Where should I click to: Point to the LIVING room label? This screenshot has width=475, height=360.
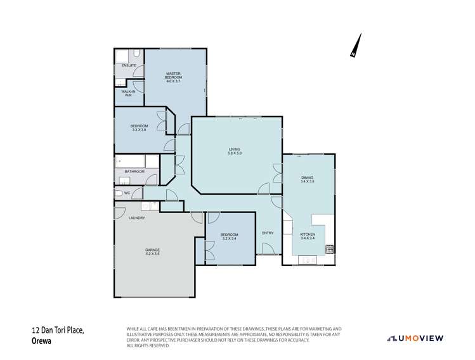point(235,149)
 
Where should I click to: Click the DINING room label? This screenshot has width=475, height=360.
point(308,178)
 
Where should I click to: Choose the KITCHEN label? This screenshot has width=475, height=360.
point(308,235)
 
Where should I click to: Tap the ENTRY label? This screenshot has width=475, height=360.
point(268,233)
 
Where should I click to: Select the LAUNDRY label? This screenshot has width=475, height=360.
point(137,218)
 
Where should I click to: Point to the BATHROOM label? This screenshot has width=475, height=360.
point(134,171)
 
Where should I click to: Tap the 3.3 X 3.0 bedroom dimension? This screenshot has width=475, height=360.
point(139,130)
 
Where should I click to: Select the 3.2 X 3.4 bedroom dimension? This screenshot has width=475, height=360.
point(229,239)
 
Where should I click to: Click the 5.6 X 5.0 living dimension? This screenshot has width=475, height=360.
point(235,153)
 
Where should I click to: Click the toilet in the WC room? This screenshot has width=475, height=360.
point(118,193)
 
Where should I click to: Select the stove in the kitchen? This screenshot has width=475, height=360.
point(329,248)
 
